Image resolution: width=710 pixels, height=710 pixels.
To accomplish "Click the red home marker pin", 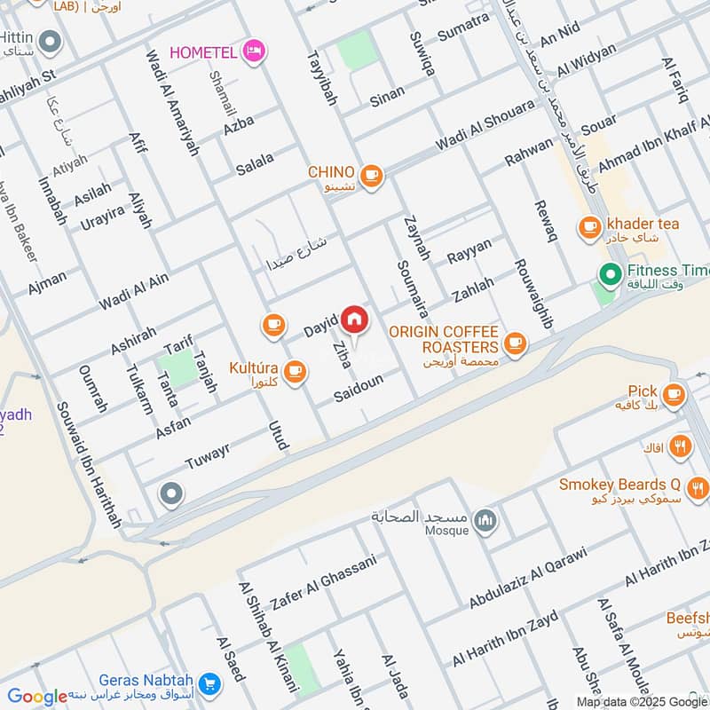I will tap(354, 319).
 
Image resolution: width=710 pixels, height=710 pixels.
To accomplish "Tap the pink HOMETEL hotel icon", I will tap(254, 51).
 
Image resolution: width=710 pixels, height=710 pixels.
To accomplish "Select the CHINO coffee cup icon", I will tap(371, 176).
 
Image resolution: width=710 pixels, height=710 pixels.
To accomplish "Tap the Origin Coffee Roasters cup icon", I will tap(514, 342).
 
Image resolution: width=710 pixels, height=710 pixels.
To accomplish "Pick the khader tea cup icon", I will tap(588, 228).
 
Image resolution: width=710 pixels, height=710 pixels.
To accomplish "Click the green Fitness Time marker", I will tap(610, 274).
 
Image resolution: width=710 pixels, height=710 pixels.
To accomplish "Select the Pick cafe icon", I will tap(674, 391).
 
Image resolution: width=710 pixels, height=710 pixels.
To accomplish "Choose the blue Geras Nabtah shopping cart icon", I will tap(209, 682).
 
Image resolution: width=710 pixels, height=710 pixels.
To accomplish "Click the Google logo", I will tap(37, 697).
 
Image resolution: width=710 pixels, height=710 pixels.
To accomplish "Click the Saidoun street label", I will tap(359, 388).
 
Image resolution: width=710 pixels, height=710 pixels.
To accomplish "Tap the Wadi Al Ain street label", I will tap(133, 292).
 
